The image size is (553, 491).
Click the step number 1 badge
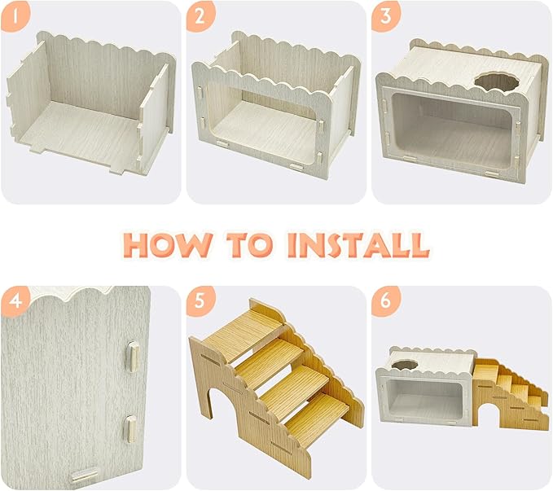tap(16, 16)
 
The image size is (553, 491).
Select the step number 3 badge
tap(386, 16)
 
